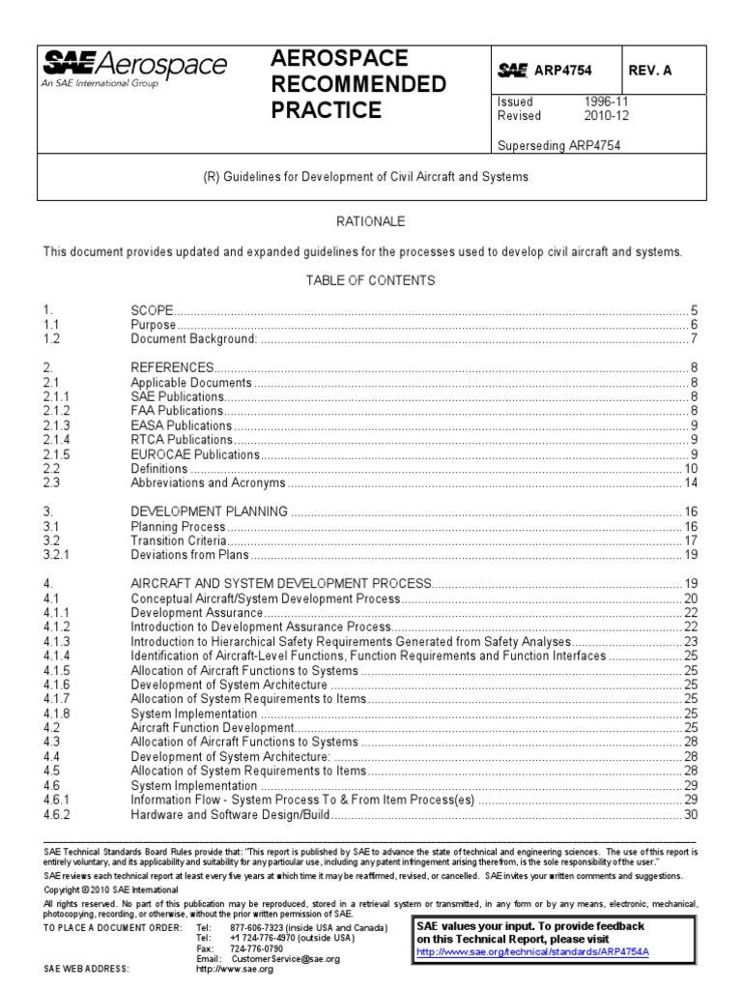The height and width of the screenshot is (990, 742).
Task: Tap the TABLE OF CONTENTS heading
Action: click(x=370, y=280)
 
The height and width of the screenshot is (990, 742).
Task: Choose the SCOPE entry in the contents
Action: click(x=152, y=310)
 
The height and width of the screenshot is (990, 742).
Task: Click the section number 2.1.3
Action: click(x=57, y=425)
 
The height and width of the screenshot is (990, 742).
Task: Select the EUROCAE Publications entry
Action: click(x=195, y=454)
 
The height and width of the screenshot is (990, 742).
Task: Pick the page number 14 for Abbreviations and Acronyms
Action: click(x=690, y=482)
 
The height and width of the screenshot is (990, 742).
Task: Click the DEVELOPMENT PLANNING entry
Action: click(x=209, y=511)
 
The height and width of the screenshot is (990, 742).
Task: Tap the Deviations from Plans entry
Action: click(x=190, y=555)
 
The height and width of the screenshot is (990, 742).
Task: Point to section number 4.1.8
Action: click(x=57, y=713)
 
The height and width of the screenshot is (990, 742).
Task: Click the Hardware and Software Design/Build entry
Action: click(x=231, y=815)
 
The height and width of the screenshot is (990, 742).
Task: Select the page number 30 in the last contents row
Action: click(x=690, y=815)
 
